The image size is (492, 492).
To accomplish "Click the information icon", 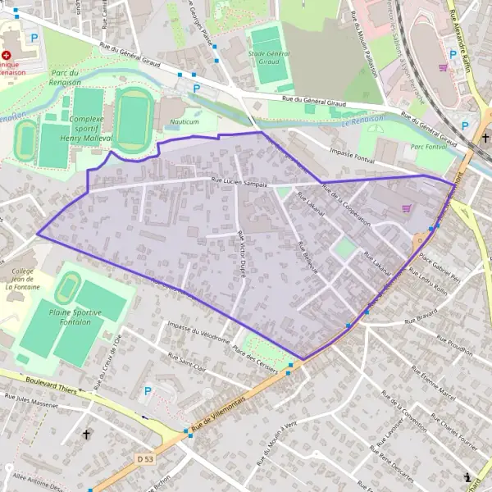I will pos(468,476).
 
